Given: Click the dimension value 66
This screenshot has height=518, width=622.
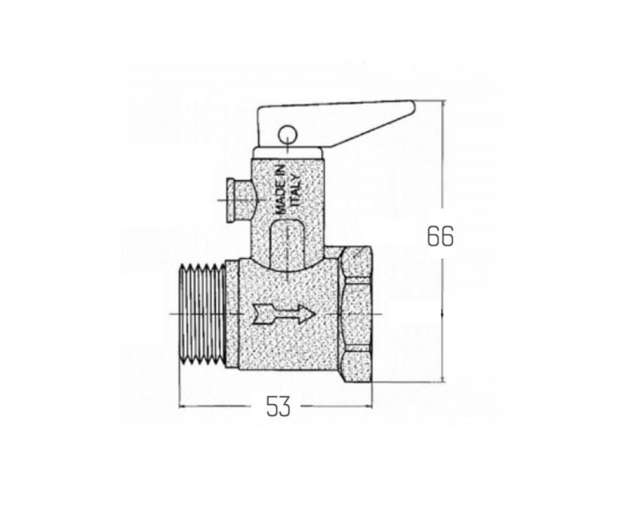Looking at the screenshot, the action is (x=440, y=237).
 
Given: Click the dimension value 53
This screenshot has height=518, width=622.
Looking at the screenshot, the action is (x=278, y=406).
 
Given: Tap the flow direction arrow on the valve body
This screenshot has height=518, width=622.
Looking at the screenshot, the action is (x=284, y=314).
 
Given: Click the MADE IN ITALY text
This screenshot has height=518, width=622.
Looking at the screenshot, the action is (x=288, y=190).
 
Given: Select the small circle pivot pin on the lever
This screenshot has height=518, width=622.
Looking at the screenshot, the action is (x=286, y=135).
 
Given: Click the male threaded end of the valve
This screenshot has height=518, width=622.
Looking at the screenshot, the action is (x=203, y=314).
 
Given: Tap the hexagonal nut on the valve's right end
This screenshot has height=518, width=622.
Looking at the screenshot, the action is (x=357, y=314).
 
